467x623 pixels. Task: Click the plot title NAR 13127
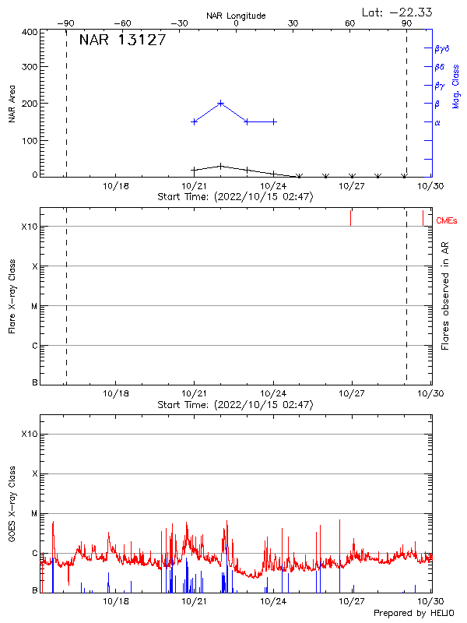pos(122,40)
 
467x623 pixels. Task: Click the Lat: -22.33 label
pos(398,12)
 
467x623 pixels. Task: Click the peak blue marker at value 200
pos(221,103)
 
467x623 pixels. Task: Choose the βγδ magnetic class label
pos(442,48)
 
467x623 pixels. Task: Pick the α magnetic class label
pos(437,122)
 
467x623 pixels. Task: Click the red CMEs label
pos(447,221)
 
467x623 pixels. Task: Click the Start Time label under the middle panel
pos(235,405)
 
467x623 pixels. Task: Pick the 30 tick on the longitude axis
pos(293,23)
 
